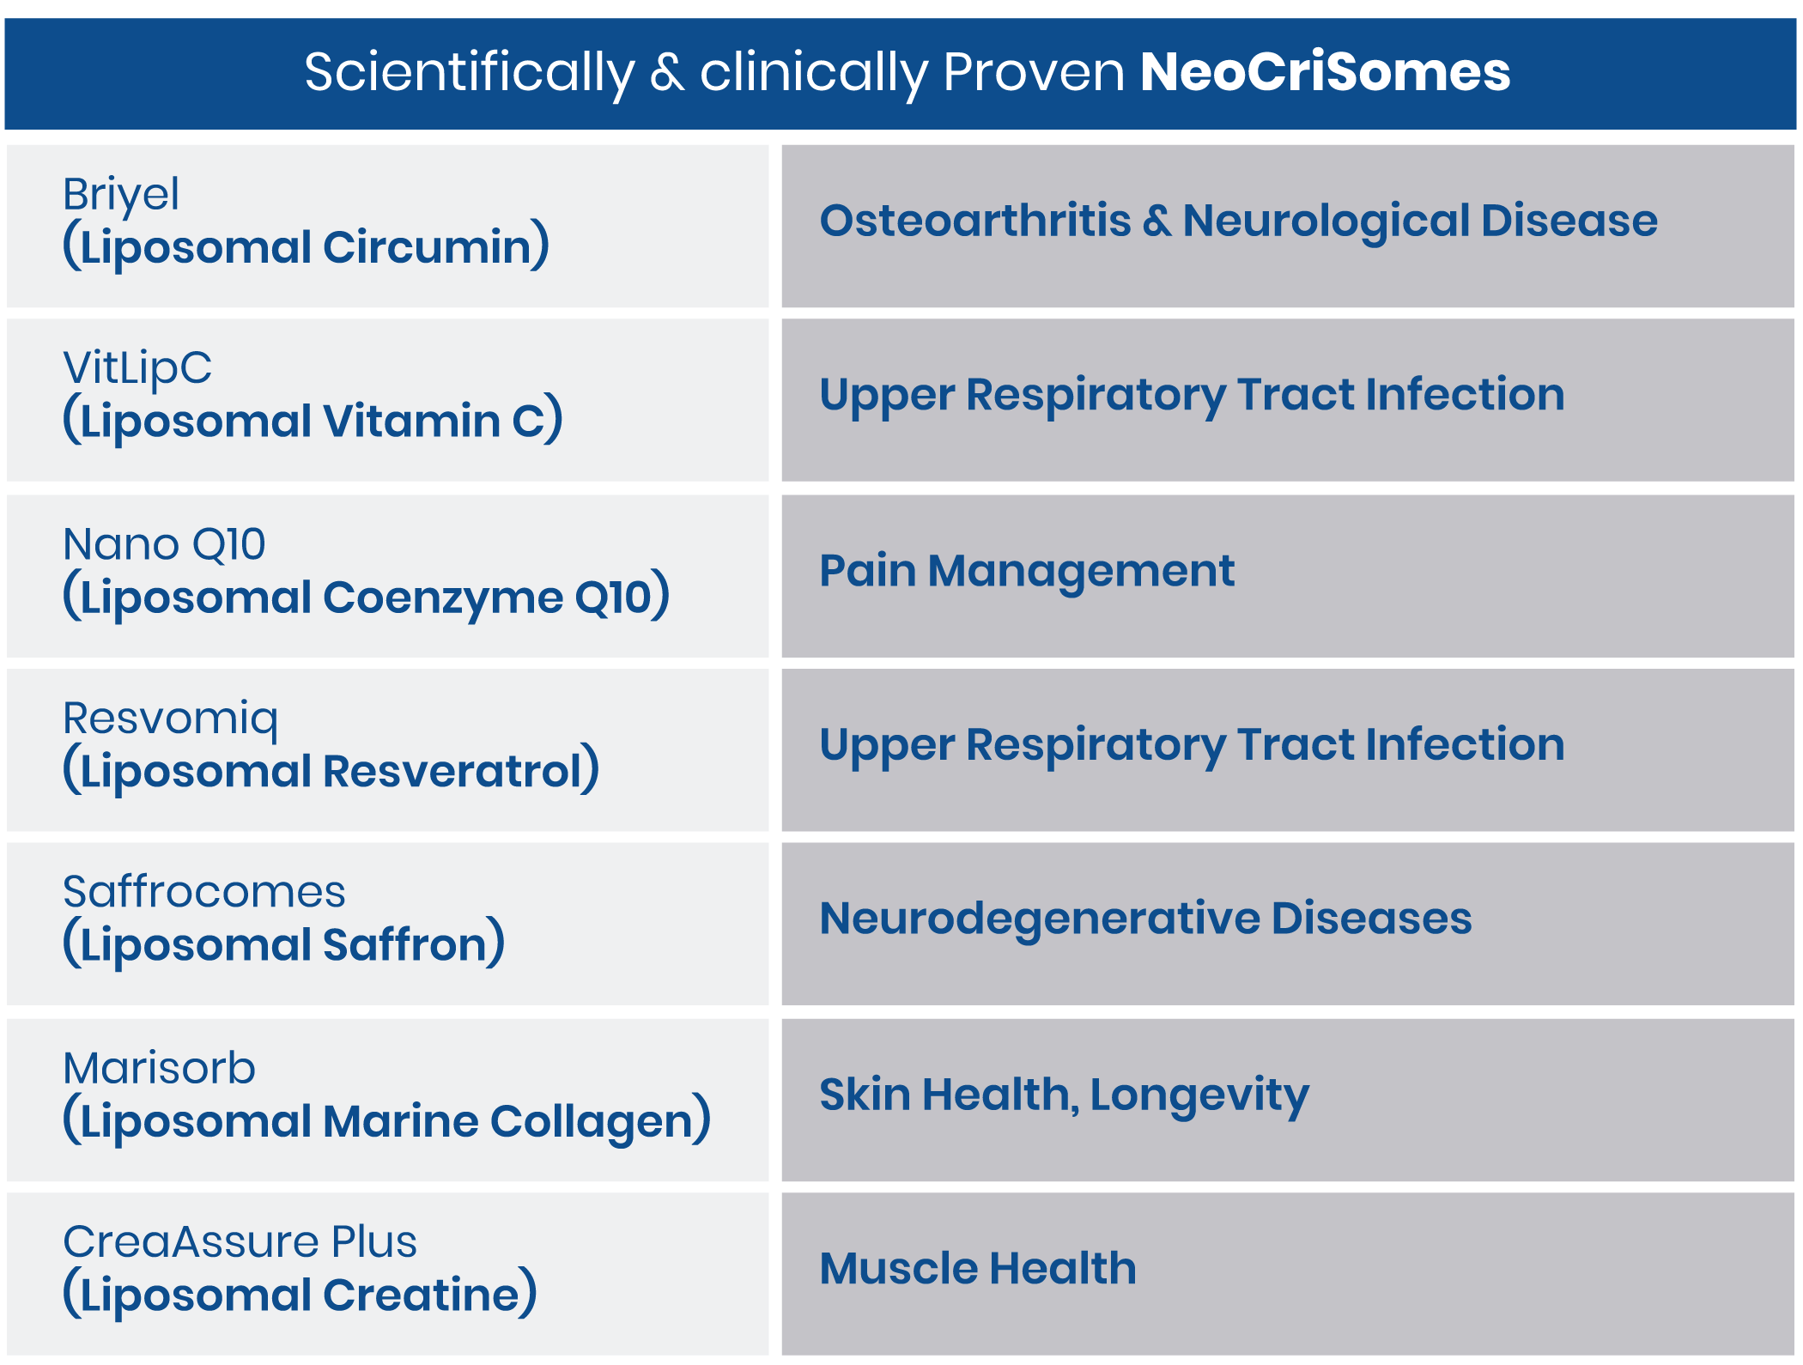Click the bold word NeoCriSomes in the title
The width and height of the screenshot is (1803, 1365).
pyautogui.click(x=1325, y=71)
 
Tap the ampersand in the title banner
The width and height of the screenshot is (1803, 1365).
pyautogui.click(x=667, y=72)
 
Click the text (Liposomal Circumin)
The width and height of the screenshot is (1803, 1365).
pyautogui.click(x=306, y=246)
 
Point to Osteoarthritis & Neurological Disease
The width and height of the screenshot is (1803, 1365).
pyautogui.click(x=1238, y=221)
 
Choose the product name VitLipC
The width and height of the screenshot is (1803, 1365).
pyautogui.click(x=137, y=369)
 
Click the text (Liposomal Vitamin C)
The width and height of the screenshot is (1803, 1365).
pyautogui.click(x=313, y=421)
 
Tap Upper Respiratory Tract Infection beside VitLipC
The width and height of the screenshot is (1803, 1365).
pyautogui.click(x=1192, y=396)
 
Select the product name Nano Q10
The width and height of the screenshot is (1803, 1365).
pyautogui.click(x=164, y=544)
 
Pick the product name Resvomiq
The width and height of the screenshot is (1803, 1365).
pyautogui.click(x=171, y=719)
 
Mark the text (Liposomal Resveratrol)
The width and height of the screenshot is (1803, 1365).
pyautogui.click(x=331, y=770)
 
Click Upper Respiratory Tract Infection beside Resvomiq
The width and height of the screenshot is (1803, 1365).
pyautogui.click(x=1192, y=745)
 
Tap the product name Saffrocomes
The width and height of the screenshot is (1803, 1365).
pyautogui.click(x=204, y=892)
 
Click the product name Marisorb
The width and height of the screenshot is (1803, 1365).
pyautogui.click(x=160, y=1069)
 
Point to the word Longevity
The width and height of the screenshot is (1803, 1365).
pyautogui.click(x=1199, y=1096)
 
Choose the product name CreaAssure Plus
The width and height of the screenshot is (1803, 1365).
pyautogui.click(x=240, y=1242)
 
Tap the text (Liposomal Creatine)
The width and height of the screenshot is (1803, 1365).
pyautogui.click(x=300, y=1294)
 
